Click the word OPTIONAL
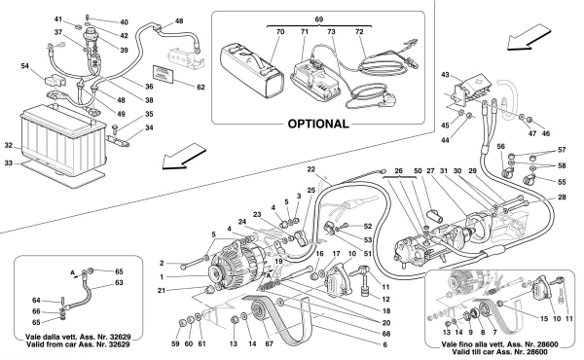[x=318, y=124]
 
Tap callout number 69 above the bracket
[x=319, y=19]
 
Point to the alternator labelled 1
[x=237, y=264]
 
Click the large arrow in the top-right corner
[x=529, y=36]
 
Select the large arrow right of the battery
[x=184, y=157]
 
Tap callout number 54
[x=24, y=66]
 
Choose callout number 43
[x=445, y=75]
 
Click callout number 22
[x=311, y=169]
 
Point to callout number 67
[x=269, y=344]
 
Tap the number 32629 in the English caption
[x=118, y=344]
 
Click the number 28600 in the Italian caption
[x=535, y=344]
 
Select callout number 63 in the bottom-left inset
[x=119, y=282]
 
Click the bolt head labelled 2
[x=183, y=267]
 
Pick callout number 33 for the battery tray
[x=8, y=162]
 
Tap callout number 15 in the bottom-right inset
[x=544, y=319]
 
